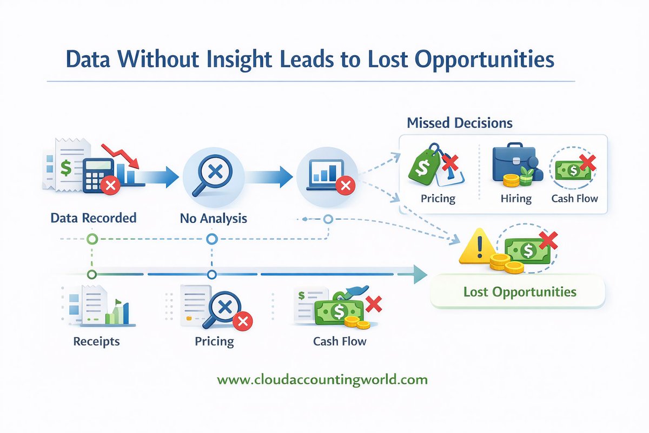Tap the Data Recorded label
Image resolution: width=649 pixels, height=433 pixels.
tap(93, 218)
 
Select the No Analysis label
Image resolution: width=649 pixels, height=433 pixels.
tap(213, 219)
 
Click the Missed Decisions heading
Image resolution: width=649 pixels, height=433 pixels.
tap(459, 123)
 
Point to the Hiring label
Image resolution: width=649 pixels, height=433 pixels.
tap(515, 199)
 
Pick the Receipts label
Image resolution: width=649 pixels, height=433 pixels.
tap(97, 342)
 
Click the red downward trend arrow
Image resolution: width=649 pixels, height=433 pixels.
tap(123, 154)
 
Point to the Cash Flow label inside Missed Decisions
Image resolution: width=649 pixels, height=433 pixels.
tap(574, 199)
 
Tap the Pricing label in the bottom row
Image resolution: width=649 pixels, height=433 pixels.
tap(214, 342)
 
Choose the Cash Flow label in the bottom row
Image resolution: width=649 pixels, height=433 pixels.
tap(339, 342)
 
